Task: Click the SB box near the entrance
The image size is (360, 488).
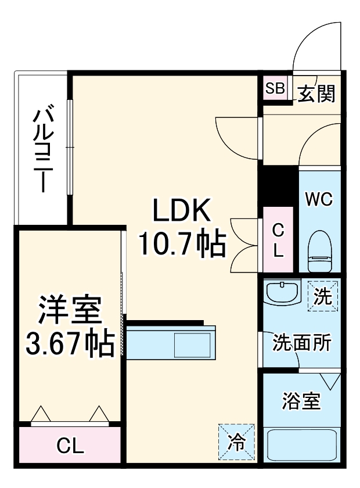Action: click(x=275, y=89)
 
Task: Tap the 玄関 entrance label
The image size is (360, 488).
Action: click(x=317, y=93)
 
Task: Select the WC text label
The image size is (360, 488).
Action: click(x=319, y=200)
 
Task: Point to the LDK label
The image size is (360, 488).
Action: click(x=181, y=213)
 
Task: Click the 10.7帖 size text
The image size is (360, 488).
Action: click(x=181, y=245)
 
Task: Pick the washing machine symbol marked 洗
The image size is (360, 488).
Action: click(x=322, y=296)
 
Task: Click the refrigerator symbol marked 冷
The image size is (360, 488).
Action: click(x=236, y=442)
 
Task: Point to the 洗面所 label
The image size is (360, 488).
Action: click(x=302, y=342)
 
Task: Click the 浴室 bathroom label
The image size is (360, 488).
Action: click(x=301, y=401)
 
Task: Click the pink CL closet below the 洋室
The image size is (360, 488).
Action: click(x=70, y=446)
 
